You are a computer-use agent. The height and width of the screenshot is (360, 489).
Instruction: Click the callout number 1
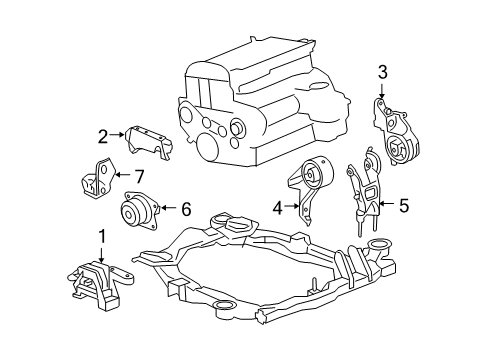tap(101, 236)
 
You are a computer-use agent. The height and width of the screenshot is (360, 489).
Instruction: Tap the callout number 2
tap(102, 137)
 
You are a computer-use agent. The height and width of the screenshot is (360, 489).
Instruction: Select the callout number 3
tap(382, 71)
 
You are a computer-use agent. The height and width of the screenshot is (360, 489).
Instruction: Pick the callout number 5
tap(404, 206)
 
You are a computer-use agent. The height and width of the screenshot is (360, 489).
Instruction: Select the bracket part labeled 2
tap(144, 144)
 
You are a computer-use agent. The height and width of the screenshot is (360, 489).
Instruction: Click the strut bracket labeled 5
tap(365, 195)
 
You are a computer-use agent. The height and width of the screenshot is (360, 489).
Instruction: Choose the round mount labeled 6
tap(136, 213)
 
